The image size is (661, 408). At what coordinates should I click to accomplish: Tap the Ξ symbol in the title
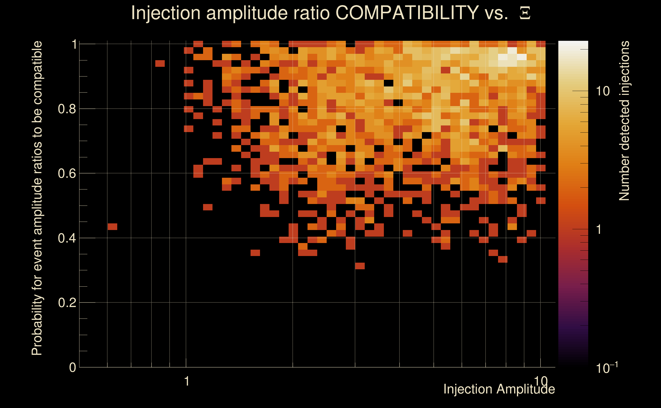(525, 13)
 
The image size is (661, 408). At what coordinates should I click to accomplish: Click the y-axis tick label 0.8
(67, 109)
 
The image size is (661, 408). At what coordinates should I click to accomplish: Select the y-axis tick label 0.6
(67, 173)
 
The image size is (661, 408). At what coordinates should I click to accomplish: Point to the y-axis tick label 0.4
(67, 238)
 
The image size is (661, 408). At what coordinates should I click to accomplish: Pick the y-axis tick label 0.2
(67, 303)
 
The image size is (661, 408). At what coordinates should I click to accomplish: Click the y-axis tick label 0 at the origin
(73, 367)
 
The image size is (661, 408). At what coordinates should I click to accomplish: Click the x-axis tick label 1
(186, 381)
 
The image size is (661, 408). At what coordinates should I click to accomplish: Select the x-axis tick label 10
(541, 381)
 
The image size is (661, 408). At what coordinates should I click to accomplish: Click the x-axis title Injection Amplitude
(499, 389)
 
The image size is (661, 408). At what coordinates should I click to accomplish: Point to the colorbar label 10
(603, 91)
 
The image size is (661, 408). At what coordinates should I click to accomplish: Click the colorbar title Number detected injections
(624, 121)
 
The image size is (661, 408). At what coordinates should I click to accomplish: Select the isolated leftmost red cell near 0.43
(112, 227)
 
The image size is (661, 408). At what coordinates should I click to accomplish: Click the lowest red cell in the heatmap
(360, 266)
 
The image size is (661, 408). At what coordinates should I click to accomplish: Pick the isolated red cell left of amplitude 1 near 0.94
(160, 63)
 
